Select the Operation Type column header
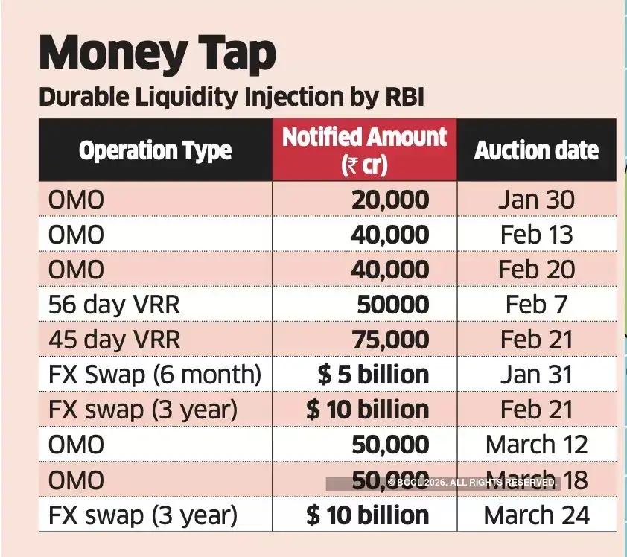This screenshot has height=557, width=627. (x=155, y=150)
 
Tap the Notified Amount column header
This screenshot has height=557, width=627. (x=364, y=150)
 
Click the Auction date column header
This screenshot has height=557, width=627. (x=536, y=150)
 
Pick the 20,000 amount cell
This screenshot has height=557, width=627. (x=389, y=200)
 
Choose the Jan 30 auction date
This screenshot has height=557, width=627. (x=536, y=200)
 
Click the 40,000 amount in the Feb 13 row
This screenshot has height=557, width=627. (x=389, y=235)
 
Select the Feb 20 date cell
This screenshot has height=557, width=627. (x=536, y=270)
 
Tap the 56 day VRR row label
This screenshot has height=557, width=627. (x=114, y=305)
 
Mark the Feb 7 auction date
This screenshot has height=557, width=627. (x=536, y=305)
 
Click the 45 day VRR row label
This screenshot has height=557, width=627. (x=114, y=340)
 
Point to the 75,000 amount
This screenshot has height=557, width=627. (x=389, y=340)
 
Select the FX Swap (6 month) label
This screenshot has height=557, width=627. (x=155, y=375)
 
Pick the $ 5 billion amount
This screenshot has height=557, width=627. (x=373, y=375)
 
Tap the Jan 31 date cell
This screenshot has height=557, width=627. (x=536, y=375)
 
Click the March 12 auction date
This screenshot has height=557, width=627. (x=536, y=445)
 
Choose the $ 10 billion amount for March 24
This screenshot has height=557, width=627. (x=367, y=515)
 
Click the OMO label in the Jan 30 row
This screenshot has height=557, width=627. (x=76, y=200)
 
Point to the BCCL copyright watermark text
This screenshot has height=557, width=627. (x=471, y=483)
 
